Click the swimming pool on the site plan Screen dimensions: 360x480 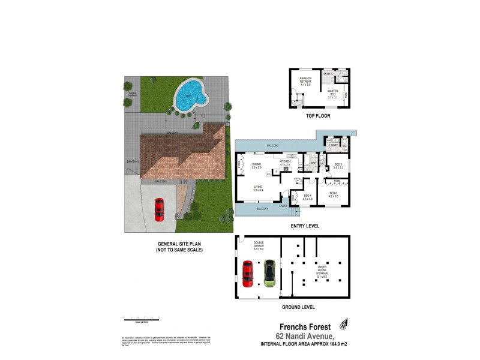tap(190, 96)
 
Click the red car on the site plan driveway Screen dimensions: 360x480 tap(160, 209)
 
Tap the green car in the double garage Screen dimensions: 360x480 tap(269, 273)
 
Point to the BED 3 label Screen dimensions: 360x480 tap(338, 165)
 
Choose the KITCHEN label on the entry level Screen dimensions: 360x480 tap(285, 163)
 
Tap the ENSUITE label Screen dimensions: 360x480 tap(329, 74)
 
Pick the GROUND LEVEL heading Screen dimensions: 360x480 tap(298, 307)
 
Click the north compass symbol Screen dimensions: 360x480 tap(344, 324)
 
